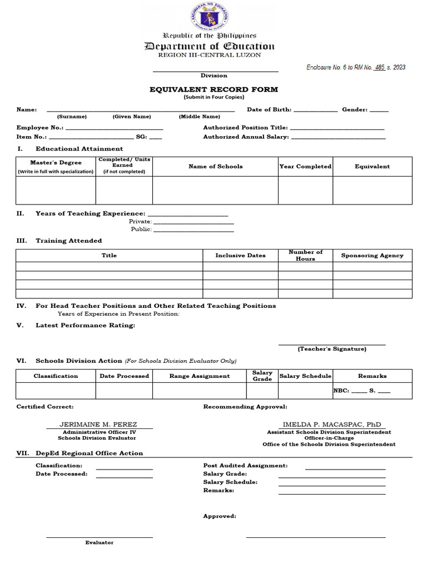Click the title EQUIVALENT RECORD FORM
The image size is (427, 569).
213,89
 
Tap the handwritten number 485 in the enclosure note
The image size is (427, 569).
380,67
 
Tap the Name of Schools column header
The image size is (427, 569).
215,167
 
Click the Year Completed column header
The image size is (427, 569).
305,167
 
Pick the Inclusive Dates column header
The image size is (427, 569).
240,256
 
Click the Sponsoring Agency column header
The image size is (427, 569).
372,256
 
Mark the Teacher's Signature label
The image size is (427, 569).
331,349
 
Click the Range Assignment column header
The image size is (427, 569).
199,376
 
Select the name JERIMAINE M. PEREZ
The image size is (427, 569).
98,425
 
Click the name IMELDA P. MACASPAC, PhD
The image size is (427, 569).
332,425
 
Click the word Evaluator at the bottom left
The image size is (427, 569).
99,542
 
